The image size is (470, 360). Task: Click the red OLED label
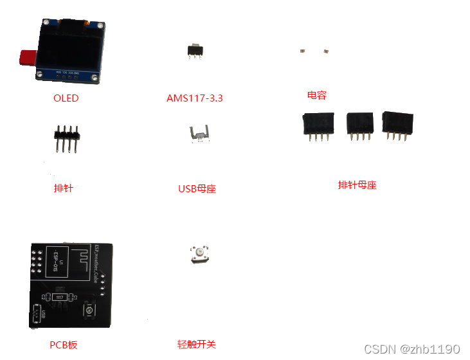pos(66,98)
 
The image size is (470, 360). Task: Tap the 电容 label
pos(317,95)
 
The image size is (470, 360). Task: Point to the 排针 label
pos(64,188)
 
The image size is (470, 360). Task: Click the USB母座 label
pos(197,189)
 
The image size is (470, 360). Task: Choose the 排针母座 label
pos(357,185)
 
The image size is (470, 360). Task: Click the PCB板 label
pos(64,345)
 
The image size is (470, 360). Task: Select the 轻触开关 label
pos(197,345)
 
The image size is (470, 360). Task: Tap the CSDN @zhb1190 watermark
pos(412,349)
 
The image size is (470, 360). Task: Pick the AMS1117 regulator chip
pos(194,51)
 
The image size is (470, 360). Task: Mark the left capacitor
pos(302,50)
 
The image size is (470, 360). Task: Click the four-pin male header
pos(66,138)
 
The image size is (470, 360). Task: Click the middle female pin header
pos(359,125)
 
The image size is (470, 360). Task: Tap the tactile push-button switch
pos(198,254)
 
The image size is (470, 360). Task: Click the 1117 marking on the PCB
pos(59,298)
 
